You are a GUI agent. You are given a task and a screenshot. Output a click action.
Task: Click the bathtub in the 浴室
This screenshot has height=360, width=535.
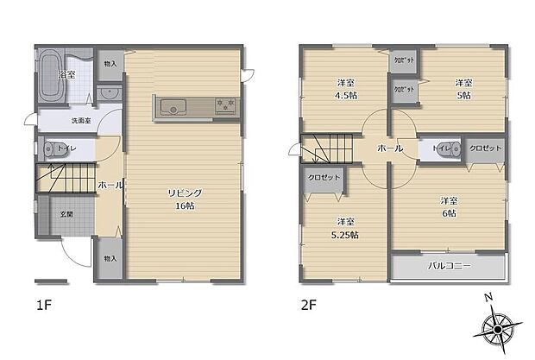tap(49, 70)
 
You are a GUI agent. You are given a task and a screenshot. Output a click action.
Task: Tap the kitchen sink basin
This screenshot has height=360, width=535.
tap(172, 107)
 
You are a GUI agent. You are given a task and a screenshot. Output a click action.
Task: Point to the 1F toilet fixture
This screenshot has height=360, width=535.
tap(49, 148)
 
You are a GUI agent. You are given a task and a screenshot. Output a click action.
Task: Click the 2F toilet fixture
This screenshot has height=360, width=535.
tap(442, 148)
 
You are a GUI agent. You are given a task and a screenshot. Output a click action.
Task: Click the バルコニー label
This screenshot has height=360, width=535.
tap(449, 267)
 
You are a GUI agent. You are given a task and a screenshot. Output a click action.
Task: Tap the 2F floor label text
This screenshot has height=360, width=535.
tap(309, 305)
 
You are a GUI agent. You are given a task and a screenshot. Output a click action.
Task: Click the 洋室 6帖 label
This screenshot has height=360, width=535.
tap(449, 205)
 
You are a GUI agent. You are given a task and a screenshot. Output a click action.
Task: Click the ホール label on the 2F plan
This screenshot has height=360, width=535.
tap(389, 149)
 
